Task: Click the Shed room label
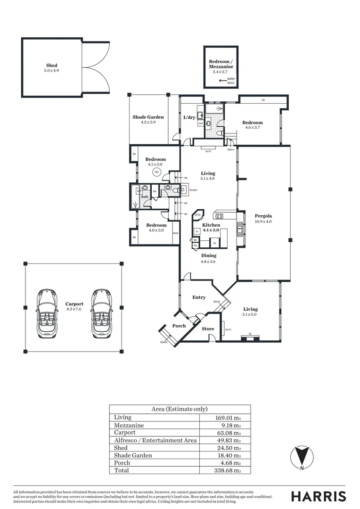click(52, 66)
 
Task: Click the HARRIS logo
click(318, 496)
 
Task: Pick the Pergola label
click(262, 216)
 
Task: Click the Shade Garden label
click(148, 117)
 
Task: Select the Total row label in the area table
click(121, 470)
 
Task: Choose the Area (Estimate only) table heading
click(180, 409)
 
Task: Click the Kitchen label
click(211, 225)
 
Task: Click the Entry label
click(199, 297)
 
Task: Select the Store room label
click(208, 329)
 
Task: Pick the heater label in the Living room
click(193, 190)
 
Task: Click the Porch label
click(179, 326)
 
